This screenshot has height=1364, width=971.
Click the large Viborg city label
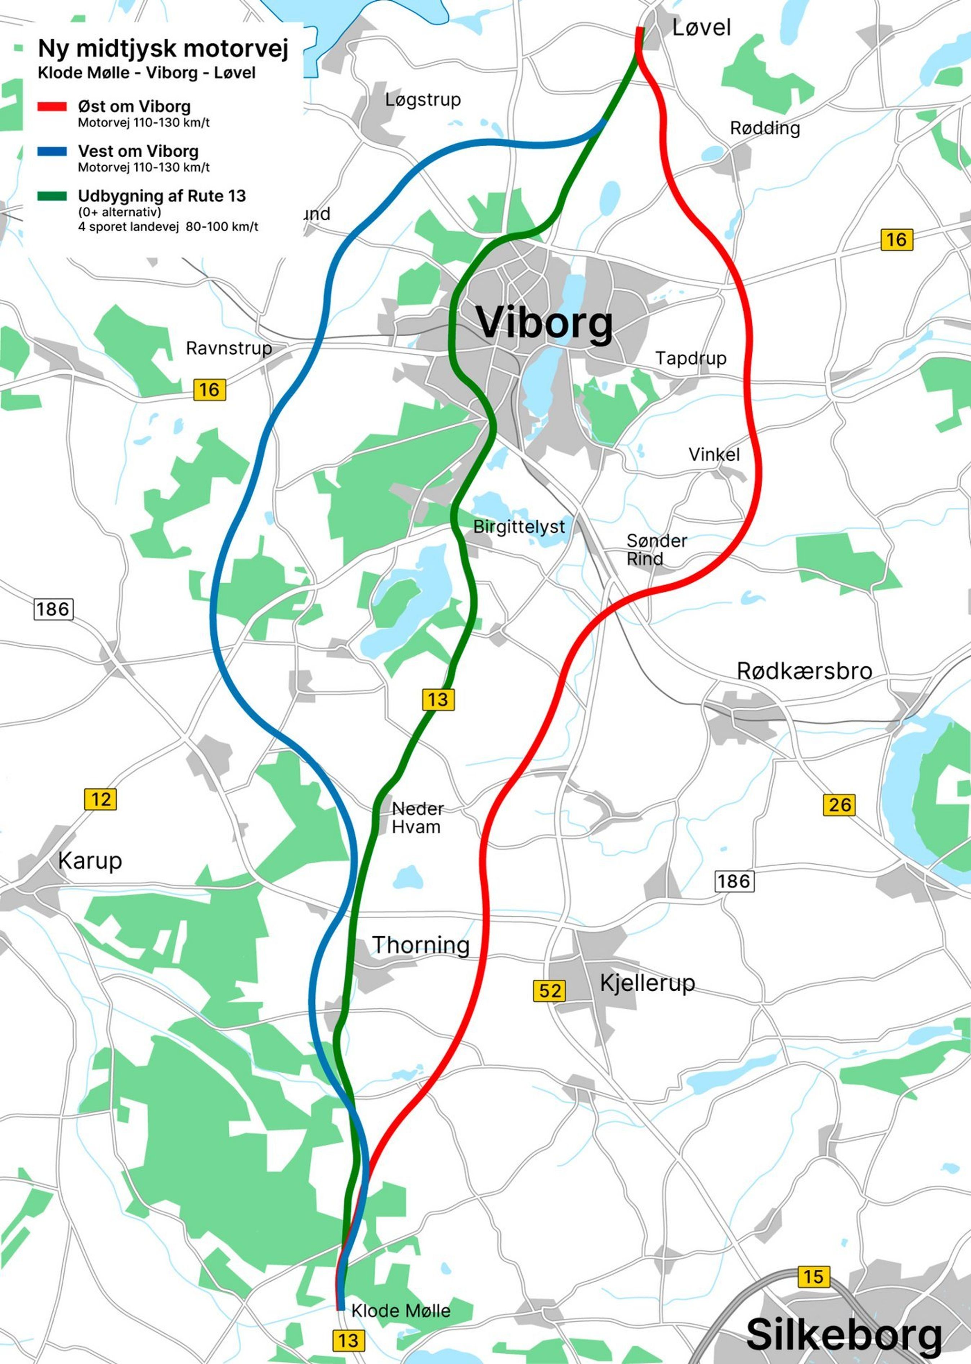click(544, 324)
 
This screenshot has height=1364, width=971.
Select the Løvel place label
click(701, 27)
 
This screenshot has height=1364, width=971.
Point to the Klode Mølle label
click(401, 1311)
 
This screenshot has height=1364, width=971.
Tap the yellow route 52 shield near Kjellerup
click(549, 991)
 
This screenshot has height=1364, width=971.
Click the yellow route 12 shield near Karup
click(100, 799)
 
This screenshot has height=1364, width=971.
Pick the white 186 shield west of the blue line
click(53, 609)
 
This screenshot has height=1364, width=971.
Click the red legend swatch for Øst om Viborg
click(52, 107)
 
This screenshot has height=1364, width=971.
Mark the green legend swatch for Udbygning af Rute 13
click(52, 196)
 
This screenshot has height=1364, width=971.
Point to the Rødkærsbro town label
click(804, 671)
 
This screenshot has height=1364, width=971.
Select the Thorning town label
click(421, 945)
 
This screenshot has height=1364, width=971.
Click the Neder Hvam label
click(417, 817)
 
